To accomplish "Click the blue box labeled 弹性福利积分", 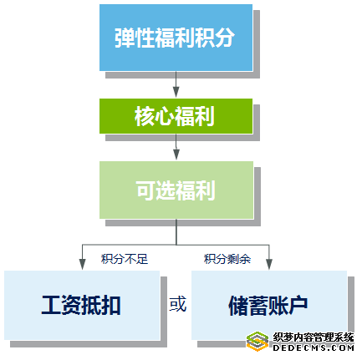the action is coord(176,38).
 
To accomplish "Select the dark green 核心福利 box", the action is coord(176,116).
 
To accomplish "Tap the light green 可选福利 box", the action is coord(176,190).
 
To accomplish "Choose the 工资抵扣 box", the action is coord(82,305).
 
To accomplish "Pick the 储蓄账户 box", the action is coord(269,305).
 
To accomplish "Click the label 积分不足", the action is coord(125,259).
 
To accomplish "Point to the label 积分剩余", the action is coord(227,259).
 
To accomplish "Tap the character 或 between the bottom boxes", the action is coord(178,304).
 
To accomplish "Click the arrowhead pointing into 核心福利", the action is coord(176,92).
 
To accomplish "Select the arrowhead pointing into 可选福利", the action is coord(176,155).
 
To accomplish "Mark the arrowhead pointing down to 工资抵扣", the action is coord(82,264).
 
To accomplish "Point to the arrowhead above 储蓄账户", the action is coord(269,264).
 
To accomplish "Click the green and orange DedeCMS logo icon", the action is coord(257,342).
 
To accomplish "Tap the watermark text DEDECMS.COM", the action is coord(314,347).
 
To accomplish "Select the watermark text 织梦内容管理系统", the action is coord(314,337).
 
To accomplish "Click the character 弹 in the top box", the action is coord(125,38).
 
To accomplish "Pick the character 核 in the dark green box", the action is coord(145,116).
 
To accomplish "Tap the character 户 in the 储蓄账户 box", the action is coord(298,305).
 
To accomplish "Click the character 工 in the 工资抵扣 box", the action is coord(52,305).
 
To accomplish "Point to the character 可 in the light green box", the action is coord(146,190).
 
